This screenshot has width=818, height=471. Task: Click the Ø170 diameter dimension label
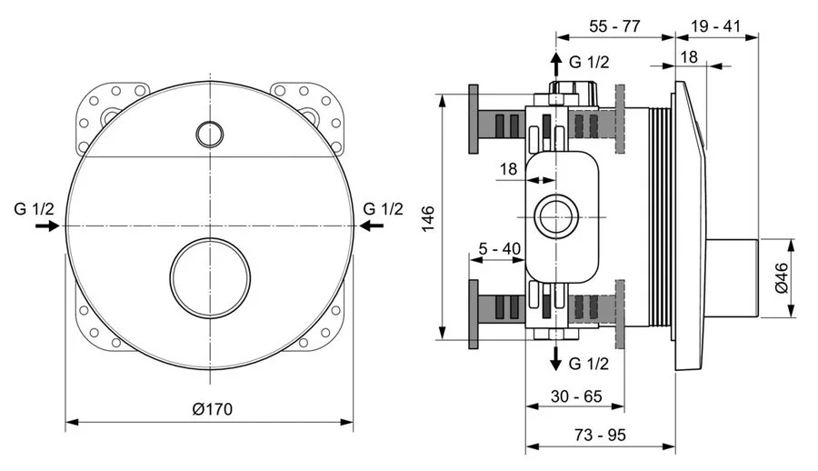point(212,409)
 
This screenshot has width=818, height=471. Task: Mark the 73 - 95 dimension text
point(601,436)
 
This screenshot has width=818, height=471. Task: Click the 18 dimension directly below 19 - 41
point(688,55)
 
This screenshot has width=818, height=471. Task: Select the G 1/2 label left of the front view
point(34,208)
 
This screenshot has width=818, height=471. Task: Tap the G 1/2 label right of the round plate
point(383,208)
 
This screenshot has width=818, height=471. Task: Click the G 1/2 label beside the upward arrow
point(589,62)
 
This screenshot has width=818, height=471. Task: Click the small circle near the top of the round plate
point(210,134)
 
